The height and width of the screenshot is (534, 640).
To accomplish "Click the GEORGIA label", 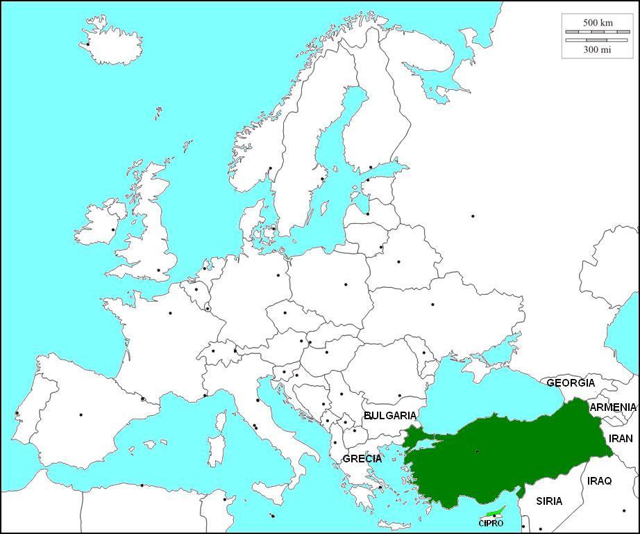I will tap(571, 383).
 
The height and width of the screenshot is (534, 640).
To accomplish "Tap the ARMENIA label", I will tap(613, 407).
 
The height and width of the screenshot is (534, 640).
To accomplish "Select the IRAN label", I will tap(621, 439).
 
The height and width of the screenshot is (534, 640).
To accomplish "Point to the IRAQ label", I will tap(599, 480).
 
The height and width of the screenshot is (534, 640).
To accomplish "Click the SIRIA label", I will tap(549, 501).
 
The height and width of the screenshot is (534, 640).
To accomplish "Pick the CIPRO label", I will tap(491, 524).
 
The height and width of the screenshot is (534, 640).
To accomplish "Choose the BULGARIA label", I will tap(390, 416).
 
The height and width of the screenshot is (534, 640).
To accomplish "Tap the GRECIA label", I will tap(362, 459).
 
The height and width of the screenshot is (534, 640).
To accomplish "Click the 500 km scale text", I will tap(598, 23).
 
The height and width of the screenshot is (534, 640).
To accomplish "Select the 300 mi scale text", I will tap(598, 49).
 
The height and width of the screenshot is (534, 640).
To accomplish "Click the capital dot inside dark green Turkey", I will tap(477, 452).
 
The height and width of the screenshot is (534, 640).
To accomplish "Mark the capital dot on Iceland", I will tap(88, 44).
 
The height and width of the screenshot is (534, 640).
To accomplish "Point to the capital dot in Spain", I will tap(81, 415).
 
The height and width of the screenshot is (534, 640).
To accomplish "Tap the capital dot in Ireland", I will tap(113, 229).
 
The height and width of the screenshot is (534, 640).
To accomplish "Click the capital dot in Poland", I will tap(346, 284).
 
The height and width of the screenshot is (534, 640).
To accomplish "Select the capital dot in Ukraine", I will tap(432, 305).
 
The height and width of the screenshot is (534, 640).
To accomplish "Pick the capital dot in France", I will tap(170, 313).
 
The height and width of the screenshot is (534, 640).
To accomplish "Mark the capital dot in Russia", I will tap(473, 216).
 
